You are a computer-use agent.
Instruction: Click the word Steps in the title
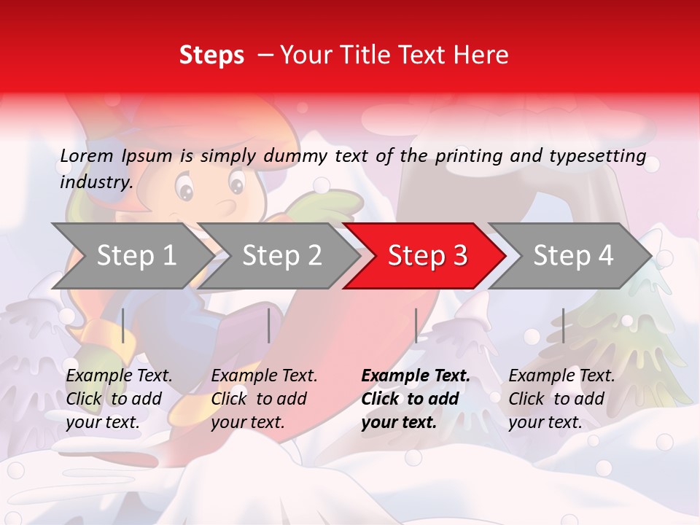pos(211,55)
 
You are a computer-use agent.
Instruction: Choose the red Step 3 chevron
pos(427,256)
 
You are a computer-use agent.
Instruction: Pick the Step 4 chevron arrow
pos(573,256)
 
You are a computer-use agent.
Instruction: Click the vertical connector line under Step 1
pos(123,325)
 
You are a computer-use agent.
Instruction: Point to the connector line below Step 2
pos(269,325)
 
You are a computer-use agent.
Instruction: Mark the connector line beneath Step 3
pos(416,325)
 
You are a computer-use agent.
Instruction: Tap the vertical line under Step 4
pos(563,325)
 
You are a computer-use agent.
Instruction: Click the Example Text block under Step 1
pos(119,399)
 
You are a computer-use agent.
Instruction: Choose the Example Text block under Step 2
pos(264,399)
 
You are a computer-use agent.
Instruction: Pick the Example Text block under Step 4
pos(561,399)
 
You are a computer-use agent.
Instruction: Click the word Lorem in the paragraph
pos(86,155)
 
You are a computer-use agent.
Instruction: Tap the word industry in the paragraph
pos(96,182)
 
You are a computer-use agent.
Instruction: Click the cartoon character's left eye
pos(186,191)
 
